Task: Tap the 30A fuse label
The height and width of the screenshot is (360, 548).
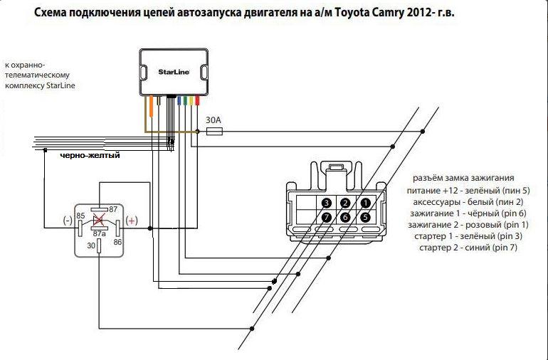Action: (x=213, y=120)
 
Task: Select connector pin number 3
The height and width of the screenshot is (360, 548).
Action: (x=326, y=203)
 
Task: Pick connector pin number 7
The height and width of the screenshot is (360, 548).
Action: (x=326, y=218)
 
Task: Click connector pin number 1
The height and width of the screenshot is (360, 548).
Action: (x=364, y=203)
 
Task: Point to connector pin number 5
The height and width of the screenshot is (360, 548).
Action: (x=364, y=218)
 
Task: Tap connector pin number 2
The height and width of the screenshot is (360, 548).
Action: (x=345, y=203)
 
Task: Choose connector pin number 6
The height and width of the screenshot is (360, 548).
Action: (x=345, y=218)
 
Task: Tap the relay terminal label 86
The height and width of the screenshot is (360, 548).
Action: (x=118, y=242)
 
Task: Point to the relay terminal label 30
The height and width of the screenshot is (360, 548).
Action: (x=90, y=246)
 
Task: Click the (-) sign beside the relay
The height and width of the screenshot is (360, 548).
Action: (x=67, y=220)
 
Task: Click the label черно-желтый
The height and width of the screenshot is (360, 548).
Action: (x=89, y=155)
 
